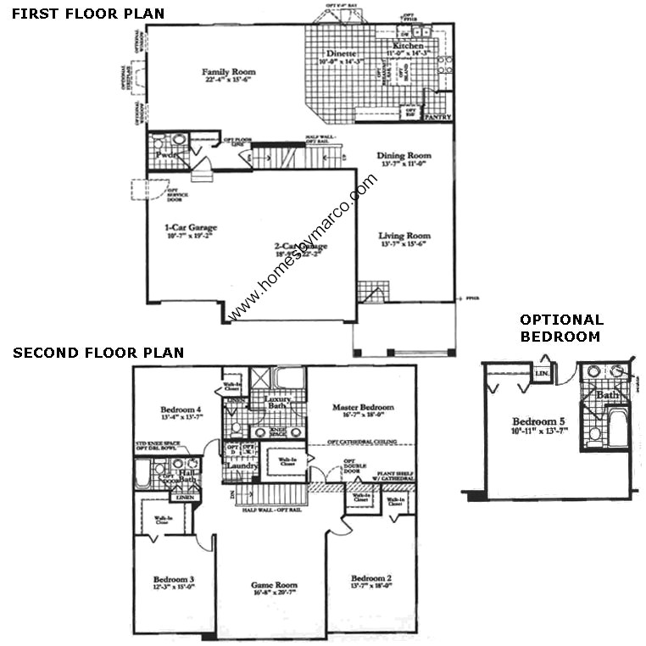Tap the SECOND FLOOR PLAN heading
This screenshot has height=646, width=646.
tap(98, 353)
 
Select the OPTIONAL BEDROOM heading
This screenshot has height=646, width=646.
tap(561, 327)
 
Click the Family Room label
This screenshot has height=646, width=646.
tap(228, 72)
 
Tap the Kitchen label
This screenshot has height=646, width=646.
tap(408, 46)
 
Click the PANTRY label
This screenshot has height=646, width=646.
tap(437, 117)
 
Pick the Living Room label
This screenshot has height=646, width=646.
tap(404, 236)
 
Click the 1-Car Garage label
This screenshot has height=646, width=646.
tap(191, 227)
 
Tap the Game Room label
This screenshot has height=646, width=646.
tap(273, 585)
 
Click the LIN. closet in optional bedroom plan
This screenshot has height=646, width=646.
tap(541, 371)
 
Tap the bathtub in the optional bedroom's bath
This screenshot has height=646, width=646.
tap(618, 428)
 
